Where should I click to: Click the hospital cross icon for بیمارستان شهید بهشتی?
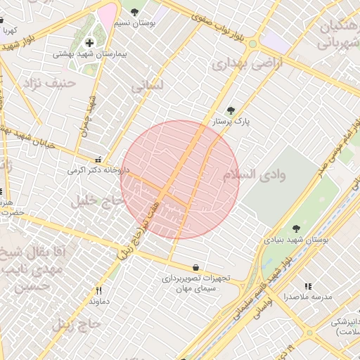pyautogui.click(x=89, y=44)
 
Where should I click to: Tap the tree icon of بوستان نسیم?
pyautogui.click(x=135, y=12)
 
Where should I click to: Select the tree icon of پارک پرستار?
pyautogui.click(x=231, y=110)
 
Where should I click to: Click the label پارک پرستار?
pyautogui.click(x=231, y=122)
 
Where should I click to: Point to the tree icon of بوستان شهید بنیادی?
pyautogui.click(x=296, y=229)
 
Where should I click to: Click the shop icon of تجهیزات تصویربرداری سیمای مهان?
pyautogui.click(x=195, y=267)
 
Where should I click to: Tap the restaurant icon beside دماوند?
pyautogui.click(x=98, y=290)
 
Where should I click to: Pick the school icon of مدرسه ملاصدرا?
pyautogui.click(x=307, y=286)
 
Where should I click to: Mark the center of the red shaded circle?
pyautogui.click(x=180, y=180)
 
